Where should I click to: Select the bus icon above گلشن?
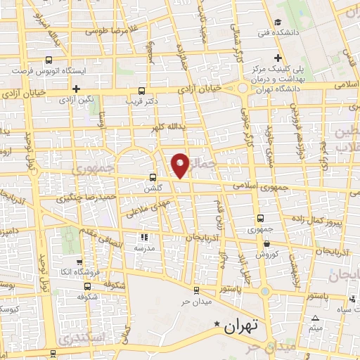click(x=153, y=177)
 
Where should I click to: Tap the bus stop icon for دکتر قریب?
click(x=142, y=91)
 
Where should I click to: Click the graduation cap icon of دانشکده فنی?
click(x=279, y=22)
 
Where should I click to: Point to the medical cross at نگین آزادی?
click(x=75, y=89)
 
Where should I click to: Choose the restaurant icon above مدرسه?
click(x=146, y=237)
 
